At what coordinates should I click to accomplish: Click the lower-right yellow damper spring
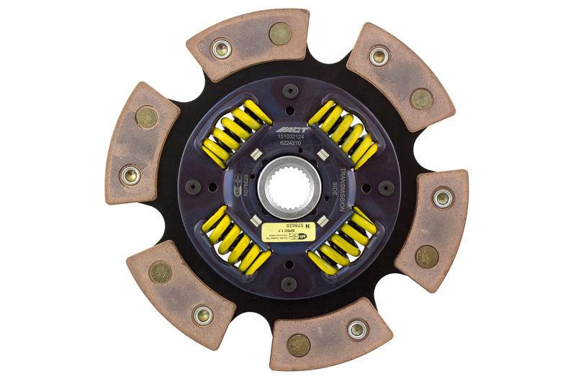tap(343, 241)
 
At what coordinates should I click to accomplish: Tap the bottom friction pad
tap(331, 336)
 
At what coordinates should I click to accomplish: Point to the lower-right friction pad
tap(432, 229)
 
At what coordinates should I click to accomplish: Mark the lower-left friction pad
tap(180, 293)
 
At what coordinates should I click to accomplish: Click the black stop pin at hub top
tap(290, 91)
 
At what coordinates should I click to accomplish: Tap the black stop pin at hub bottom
tap(289, 284)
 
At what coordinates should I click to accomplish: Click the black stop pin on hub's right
tap(386, 188)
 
